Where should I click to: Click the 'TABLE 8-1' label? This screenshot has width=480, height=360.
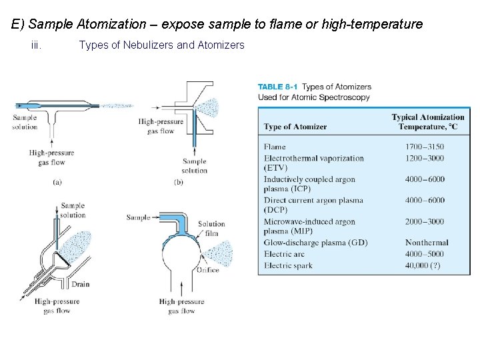[278, 87]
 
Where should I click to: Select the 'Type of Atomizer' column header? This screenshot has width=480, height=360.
[295, 127]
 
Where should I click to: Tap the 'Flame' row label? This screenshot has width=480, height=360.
[275, 147]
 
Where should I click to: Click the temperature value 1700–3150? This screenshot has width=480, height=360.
[425, 147]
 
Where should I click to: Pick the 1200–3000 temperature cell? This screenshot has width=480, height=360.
[425, 158]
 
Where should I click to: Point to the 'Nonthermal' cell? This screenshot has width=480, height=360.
[427, 243]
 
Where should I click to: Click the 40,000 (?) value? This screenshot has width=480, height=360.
[422, 265]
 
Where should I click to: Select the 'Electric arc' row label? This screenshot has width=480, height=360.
[285, 254]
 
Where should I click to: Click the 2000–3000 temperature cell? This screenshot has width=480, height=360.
[425, 221]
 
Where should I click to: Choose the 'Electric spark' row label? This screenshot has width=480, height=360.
[288, 265]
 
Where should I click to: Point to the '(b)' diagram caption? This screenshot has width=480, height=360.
[179, 182]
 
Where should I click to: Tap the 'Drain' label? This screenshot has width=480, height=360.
[81, 285]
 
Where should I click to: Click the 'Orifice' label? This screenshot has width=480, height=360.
[207, 270]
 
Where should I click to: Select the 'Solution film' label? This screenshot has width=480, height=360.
[211, 229]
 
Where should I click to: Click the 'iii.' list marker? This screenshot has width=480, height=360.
[37, 45]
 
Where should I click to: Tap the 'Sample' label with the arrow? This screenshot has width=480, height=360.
[138, 217]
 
